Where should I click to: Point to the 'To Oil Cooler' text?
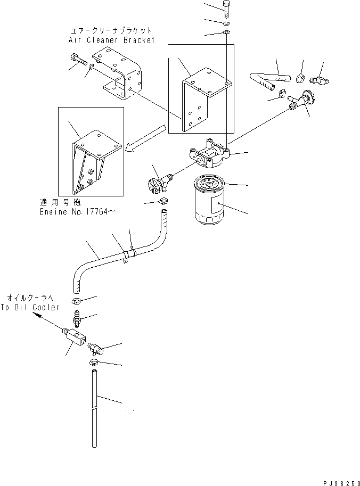[x=30, y=308]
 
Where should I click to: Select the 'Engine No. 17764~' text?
[x=78, y=211]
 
